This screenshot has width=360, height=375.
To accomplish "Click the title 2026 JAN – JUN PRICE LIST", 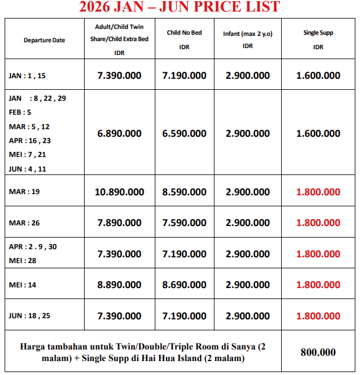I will tap(179, 8).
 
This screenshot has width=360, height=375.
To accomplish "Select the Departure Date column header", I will tap(45, 40).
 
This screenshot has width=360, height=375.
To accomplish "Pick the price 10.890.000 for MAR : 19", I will tap(119, 192).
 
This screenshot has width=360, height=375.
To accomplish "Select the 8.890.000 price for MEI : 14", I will tap(119, 285).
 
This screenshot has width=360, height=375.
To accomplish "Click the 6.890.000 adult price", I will tap(119, 133).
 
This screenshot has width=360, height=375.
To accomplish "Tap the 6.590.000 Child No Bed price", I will tap(184, 133).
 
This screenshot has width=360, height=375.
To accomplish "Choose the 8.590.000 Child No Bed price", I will tap(184, 192).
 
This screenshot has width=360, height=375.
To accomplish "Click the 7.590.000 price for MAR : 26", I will tap(184, 223).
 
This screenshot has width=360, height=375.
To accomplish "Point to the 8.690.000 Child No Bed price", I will tap(184, 285).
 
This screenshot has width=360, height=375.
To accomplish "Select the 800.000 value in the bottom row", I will tap(318, 352).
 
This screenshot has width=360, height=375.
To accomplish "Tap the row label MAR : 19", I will tap(25, 192).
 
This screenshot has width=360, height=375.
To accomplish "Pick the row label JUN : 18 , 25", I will tap(30, 316).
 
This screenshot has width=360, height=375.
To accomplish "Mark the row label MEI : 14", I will tap(24, 285).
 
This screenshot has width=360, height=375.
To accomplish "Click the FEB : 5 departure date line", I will tap(20, 112).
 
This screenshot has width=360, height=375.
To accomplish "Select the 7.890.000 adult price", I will tap(119, 223).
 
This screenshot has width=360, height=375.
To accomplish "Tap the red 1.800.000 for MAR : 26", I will tap(318, 223).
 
